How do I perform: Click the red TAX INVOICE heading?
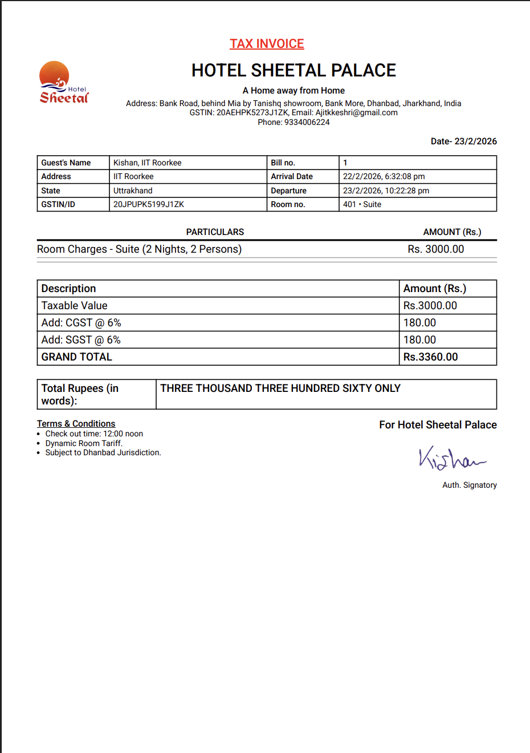point(267,44)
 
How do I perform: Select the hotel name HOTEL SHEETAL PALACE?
point(293,70)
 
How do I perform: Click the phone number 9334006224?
point(307,122)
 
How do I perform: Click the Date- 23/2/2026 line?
point(463,141)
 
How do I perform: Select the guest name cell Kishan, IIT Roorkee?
point(148,163)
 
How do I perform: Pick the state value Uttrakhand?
point(133,191)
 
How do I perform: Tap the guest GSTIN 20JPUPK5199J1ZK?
point(149,204)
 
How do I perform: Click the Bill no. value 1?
point(345,163)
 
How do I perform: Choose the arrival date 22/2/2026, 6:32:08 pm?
point(384,176)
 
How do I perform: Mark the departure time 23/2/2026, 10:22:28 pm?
point(386,191)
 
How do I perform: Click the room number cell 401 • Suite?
point(362,204)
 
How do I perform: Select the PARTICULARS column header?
point(215,232)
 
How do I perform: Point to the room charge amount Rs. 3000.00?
point(435,249)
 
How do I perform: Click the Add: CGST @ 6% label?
point(81,323)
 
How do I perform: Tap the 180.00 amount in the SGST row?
point(419,340)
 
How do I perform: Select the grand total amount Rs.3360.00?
point(430,357)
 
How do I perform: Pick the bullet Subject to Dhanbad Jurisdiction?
point(103,452)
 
